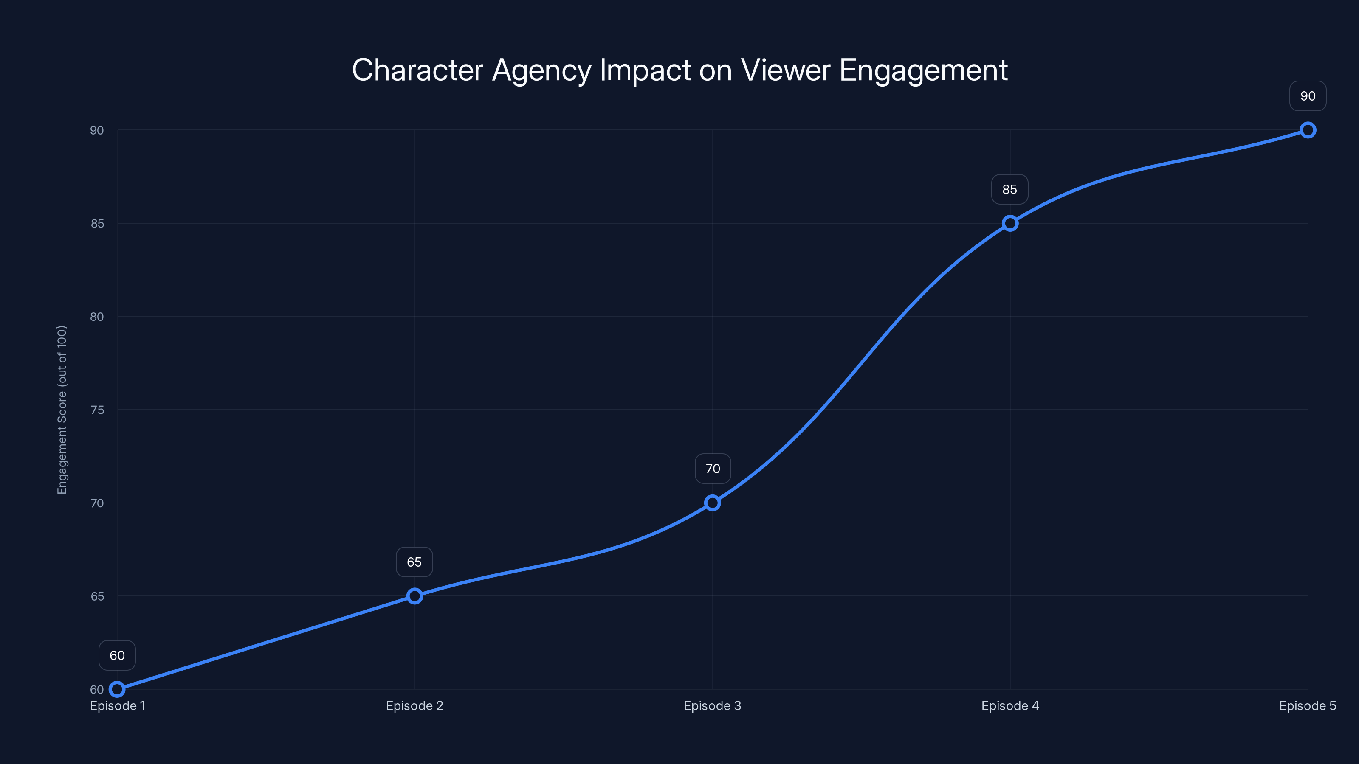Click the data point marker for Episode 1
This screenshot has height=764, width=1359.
pos(117,689)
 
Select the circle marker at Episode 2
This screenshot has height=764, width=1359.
pos(414,596)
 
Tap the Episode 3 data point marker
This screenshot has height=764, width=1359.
pos(712,503)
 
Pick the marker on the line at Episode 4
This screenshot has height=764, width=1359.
pos(1010,223)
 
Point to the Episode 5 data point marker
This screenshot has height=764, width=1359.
pos(1307,130)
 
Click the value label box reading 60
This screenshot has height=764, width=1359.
pos(117,655)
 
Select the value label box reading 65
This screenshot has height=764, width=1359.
pos(414,562)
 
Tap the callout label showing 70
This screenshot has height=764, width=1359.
pos(713,469)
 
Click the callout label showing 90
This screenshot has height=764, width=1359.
pos(1307,96)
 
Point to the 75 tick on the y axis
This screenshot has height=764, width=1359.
pos(97,410)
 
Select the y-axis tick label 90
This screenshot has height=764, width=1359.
pos(97,130)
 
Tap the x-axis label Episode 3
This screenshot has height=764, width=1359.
pos(712,705)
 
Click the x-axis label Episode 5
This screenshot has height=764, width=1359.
pos(1307,705)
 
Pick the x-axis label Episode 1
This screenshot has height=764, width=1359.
pos(117,705)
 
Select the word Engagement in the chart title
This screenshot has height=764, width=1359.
pos(923,70)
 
